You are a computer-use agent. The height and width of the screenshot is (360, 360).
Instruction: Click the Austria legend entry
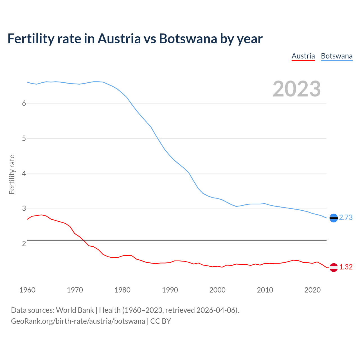tap(303, 56)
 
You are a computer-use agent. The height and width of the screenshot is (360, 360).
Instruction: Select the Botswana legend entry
tap(336, 56)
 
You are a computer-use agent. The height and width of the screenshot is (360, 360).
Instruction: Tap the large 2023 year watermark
tap(296, 89)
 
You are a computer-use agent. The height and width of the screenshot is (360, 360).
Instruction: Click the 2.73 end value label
tap(346, 218)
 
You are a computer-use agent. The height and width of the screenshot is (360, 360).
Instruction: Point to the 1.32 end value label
tap(346, 267)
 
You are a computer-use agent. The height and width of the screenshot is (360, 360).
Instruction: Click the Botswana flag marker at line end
tap(334, 218)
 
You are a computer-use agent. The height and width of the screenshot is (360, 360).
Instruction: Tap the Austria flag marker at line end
tap(334, 267)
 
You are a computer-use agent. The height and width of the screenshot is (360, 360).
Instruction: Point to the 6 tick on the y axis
tap(24, 103)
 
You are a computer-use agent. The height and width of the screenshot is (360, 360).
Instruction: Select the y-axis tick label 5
tap(24, 138)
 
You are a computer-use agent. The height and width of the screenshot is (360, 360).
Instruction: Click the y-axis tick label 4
tap(24, 174)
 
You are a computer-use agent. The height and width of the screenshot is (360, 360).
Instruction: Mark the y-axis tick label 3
tap(24, 209)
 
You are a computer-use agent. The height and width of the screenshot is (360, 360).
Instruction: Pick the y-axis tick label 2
tap(24, 244)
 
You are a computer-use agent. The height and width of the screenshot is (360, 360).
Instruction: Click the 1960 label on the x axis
tap(27, 290)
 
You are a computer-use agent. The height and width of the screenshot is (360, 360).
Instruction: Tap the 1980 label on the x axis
tap(122, 290)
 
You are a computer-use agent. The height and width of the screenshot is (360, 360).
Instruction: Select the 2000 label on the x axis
tap(217, 290)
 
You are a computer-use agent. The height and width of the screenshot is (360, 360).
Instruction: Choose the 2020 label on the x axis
tap(312, 290)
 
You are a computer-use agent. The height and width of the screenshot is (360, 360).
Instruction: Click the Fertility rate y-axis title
tap(12, 174)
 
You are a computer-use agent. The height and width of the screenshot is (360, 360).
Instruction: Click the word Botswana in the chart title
tap(188, 39)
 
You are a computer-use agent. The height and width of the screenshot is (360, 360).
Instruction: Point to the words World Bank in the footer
tap(75, 310)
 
